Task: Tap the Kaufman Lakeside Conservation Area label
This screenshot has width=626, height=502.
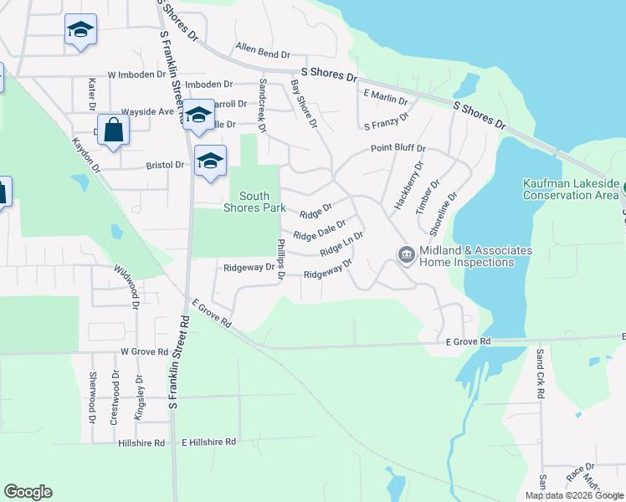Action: tap(571, 189)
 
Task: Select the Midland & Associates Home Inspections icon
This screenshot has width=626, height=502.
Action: tap(406, 254)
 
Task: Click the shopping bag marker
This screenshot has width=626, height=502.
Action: tap(115, 130)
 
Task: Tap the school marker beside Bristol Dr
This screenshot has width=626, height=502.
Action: tap(210, 161)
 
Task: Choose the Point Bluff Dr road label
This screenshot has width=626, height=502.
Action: tap(398, 149)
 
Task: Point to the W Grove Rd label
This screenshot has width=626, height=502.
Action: tap(144, 352)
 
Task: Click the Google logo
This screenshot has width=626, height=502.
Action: tap(28, 492)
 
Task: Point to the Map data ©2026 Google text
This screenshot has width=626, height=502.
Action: tap(575, 495)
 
